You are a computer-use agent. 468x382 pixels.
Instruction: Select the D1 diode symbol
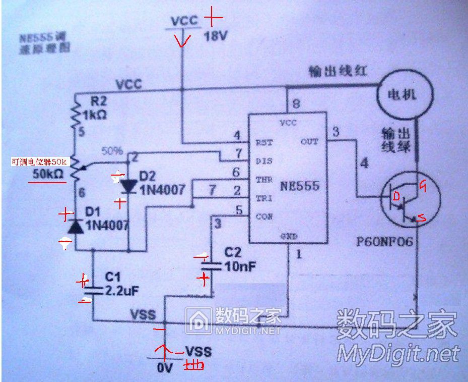tap(76, 227)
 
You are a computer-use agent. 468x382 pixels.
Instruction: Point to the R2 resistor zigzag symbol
tap(76, 116)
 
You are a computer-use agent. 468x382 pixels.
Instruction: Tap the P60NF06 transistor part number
tap(385, 242)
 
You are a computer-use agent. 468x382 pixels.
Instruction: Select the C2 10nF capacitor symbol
tap(212, 266)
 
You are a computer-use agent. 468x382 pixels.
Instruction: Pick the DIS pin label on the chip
tap(264, 161)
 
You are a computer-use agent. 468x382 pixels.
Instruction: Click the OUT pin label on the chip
tap(309, 142)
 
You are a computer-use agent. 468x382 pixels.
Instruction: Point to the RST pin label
tap(264, 142)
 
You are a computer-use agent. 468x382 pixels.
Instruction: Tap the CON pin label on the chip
tap(264, 217)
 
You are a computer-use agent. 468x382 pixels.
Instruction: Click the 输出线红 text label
tap(337, 71)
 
